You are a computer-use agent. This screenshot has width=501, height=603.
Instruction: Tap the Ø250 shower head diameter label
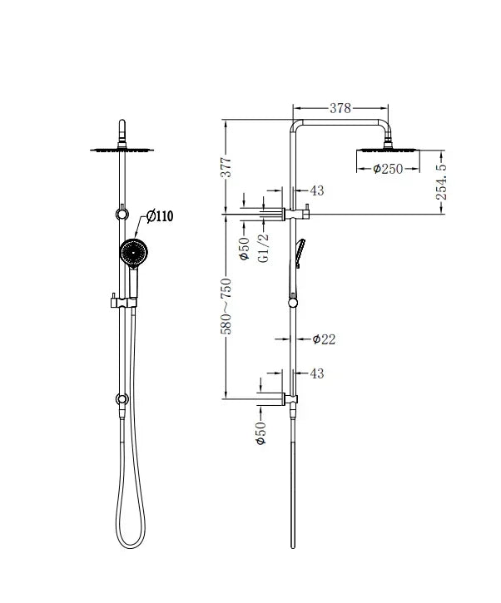tap(389, 169)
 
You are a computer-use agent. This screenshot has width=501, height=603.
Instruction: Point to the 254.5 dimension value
tap(443, 180)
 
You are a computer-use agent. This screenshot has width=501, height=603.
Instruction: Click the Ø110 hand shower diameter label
tap(159, 216)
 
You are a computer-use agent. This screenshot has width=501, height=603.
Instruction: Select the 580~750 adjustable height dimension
tap(226, 305)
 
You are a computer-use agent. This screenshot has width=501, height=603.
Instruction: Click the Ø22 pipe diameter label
tap(324, 339)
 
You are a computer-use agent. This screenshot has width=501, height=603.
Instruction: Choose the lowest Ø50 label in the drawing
tap(260, 432)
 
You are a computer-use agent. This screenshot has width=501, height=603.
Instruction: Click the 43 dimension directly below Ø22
tap(316, 374)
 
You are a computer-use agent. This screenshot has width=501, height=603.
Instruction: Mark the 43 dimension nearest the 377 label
tap(316, 191)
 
